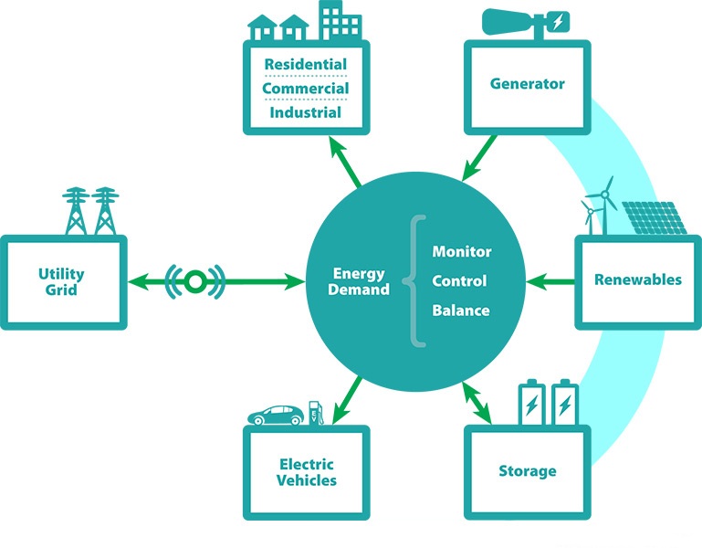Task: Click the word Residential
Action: [x=305, y=65]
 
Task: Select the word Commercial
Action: [x=305, y=89]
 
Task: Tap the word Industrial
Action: [x=305, y=113]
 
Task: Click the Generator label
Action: [x=527, y=84]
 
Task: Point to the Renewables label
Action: [x=637, y=279]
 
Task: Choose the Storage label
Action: [x=527, y=471]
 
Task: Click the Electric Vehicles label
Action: [x=308, y=472]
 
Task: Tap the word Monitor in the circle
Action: [x=461, y=251]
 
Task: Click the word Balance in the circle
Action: [x=460, y=311]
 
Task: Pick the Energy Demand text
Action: [x=360, y=281]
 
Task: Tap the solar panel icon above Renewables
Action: [x=654, y=216]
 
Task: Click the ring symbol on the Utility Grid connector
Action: [x=194, y=282]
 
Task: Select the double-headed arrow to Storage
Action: [x=477, y=403]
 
